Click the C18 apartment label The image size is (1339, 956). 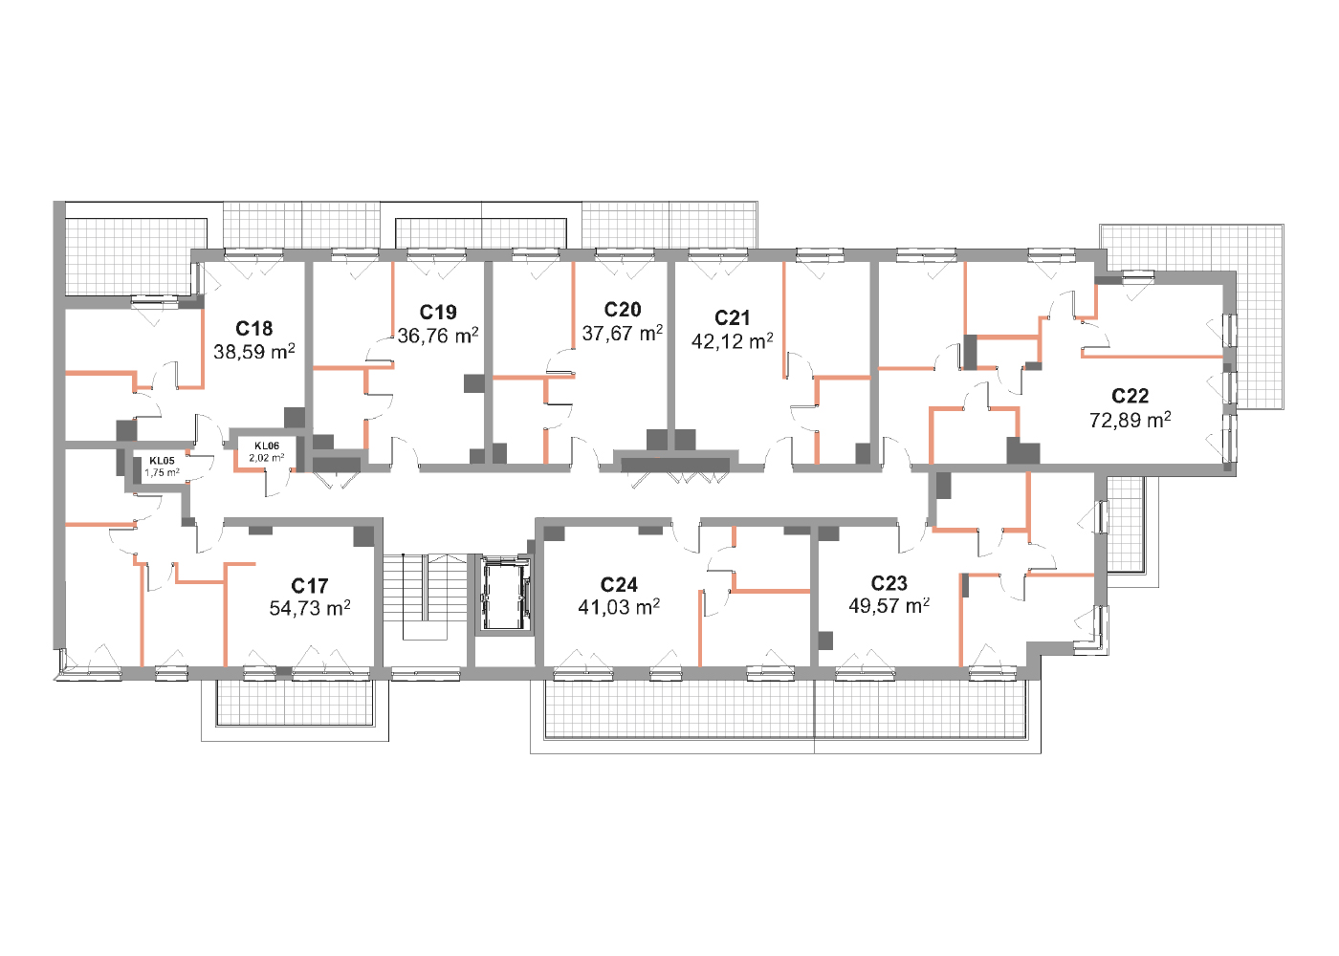point(254,328)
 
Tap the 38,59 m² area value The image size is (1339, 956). point(254,352)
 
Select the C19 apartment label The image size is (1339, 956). point(438,312)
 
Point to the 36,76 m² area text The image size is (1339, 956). point(438,336)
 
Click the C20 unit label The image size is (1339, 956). point(623,310)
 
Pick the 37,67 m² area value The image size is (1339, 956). point(623,333)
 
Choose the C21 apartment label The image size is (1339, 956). point(733,317)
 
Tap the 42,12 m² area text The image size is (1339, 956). point(733,340)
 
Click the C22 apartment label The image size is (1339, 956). point(1130,396)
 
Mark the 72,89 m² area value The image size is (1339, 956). point(1130,420)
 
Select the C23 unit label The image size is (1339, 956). point(889,582)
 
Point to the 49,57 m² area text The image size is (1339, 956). point(889,606)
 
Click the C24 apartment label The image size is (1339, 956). point(619,584)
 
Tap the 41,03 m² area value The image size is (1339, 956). point(619,607)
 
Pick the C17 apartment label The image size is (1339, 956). point(310,585)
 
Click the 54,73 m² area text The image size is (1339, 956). point(310,608)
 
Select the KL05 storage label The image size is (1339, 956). point(162,461)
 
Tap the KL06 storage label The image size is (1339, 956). point(267,445)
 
